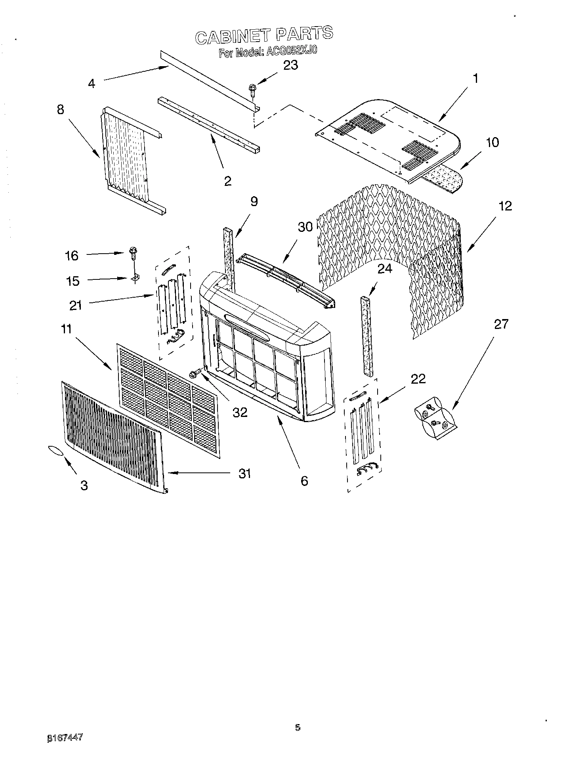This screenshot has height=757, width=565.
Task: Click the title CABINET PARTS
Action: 264,35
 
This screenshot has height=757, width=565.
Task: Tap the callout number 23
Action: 290,65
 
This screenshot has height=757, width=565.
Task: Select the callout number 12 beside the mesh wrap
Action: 505,206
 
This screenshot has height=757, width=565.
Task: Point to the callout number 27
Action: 501,324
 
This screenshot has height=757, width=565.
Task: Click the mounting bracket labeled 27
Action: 434,422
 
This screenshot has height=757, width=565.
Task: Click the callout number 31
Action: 244,473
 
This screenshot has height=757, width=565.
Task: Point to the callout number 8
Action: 60,110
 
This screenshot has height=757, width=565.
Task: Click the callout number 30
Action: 305,227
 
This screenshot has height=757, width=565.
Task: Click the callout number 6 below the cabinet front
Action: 304,481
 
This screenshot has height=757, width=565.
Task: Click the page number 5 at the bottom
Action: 297,727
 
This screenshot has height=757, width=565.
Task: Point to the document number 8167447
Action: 65,737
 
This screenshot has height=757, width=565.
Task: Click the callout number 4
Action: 92,84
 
